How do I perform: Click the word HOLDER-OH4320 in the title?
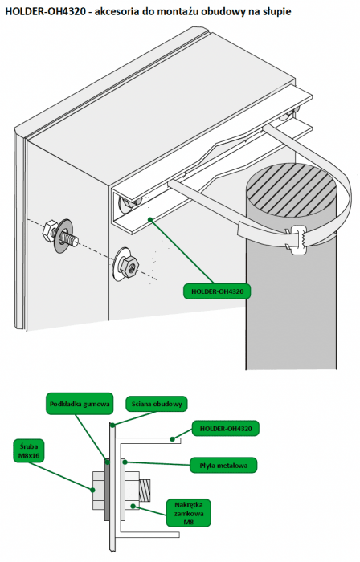[x=46, y=12]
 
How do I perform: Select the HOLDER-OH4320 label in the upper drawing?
[x=217, y=291]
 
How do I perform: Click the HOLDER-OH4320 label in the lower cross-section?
[x=226, y=428]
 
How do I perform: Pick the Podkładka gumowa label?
[x=80, y=404]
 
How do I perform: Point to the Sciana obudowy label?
[x=157, y=404]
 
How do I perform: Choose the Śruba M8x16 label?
[x=29, y=451]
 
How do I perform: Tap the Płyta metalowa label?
[x=223, y=466]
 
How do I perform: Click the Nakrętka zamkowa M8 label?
[x=188, y=513]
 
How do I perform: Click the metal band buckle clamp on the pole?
[x=297, y=238]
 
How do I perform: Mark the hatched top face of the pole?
[x=291, y=190]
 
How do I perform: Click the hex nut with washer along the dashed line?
[x=127, y=263]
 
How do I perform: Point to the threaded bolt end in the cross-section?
[x=145, y=491]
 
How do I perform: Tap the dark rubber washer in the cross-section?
[x=107, y=490]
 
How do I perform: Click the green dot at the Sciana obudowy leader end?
[x=112, y=426]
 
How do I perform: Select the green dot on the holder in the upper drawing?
[x=151, y=219]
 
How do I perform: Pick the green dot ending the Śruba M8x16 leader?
[x=93, y=489]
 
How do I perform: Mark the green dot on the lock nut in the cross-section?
[x=133, y=506]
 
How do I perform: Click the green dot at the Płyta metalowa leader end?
[x=125, y=462]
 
